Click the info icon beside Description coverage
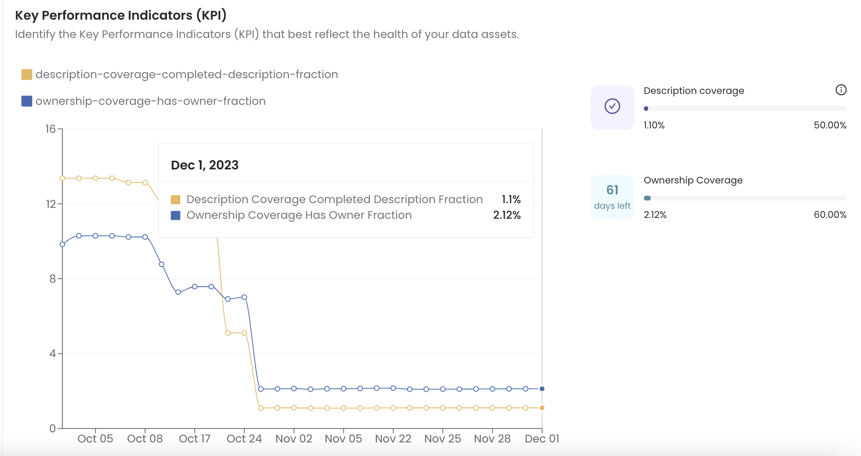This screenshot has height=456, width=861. tap(840, 90)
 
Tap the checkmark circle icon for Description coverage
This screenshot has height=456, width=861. tap(612, 106)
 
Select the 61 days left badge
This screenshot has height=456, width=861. tap(612, 197)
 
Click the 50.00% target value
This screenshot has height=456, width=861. tap(830, 125)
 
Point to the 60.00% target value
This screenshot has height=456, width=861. tap(830, 215)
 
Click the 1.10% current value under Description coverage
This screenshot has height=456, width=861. tap(654, 125)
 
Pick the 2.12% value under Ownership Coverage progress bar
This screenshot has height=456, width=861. tap(655, 215)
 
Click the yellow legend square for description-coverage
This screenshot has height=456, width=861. tap(27, 75)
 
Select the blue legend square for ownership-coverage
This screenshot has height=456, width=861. tap(27, 101)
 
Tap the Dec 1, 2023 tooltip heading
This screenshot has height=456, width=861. tap(205, 165)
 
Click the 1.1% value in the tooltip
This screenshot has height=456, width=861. tap(511, 200)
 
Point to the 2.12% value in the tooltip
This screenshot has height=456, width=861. tap(507, 215)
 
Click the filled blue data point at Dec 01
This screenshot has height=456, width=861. tap(542, 389)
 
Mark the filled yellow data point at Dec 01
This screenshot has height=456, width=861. tap(542, 408)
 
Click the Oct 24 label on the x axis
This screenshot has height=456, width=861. tap(244, 439)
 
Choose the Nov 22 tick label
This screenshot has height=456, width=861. tap(393, 439)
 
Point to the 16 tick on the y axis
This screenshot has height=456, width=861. tap(51, 129)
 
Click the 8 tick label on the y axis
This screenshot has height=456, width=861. tap(52, 279)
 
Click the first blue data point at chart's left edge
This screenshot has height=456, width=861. tap(62, 245)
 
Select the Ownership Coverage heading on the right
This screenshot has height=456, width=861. tap(693, 180)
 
